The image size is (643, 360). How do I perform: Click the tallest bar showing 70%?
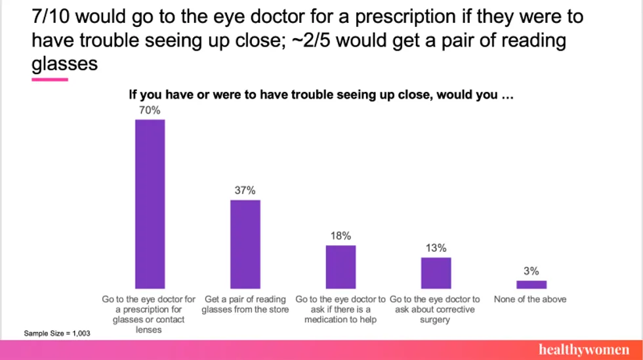150,204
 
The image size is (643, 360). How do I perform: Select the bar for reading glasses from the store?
245,244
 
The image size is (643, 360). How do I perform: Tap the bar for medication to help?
341,267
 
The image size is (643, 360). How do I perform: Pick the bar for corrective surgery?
436,273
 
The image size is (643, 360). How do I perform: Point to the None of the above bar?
531,285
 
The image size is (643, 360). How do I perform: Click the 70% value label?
149,110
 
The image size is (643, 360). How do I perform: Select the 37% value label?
245,190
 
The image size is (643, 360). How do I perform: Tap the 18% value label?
341,236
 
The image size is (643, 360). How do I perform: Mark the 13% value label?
436,248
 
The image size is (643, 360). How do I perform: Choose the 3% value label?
531,271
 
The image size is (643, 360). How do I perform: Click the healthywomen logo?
583,350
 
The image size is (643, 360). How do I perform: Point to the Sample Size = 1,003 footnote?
57,334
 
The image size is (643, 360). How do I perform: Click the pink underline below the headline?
50,79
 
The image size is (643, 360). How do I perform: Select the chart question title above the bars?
320,95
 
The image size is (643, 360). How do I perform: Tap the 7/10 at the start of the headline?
51,16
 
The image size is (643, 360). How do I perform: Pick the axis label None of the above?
530,299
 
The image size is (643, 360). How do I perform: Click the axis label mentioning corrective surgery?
435,310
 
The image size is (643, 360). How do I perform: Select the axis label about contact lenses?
149,315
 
